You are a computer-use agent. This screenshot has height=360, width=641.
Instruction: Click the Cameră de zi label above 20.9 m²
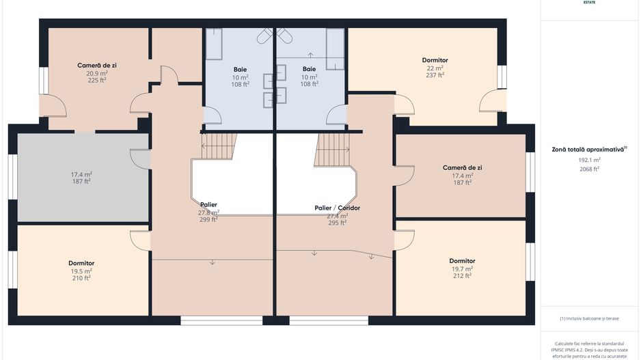tap(96, 65)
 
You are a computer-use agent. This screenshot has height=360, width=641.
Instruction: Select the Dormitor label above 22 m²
tap(435, 60)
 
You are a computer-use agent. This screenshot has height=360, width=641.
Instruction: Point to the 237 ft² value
tap(435, 75)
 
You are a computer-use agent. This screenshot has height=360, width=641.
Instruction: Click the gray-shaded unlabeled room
tap(82, 178)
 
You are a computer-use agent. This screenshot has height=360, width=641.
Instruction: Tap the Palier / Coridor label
tap(337, 208)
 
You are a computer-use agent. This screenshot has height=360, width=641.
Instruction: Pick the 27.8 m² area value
tap(208, 212)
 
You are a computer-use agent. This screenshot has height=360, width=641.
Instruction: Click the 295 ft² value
tap(337, 223)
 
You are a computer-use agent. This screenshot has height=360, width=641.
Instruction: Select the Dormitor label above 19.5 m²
tap(81, 263)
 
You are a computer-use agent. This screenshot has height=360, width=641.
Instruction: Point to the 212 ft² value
tap(462, 276)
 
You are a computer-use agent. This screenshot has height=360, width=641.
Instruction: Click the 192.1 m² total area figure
tap(589, 159)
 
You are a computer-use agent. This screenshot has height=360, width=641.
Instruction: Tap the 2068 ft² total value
tap(589, 169)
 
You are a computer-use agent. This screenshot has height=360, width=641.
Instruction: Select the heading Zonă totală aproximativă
tap(588, 149)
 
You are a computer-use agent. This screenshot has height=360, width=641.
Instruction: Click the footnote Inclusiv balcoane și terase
tap(589, 318)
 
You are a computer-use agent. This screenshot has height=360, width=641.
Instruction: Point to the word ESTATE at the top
tap(589, 3)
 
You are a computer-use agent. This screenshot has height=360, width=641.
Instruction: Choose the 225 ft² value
tap(96, 80)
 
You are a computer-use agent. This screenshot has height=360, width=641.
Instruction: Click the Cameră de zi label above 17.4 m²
tap(462, 167)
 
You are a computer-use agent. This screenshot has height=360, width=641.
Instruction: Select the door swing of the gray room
tap(140, 158)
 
